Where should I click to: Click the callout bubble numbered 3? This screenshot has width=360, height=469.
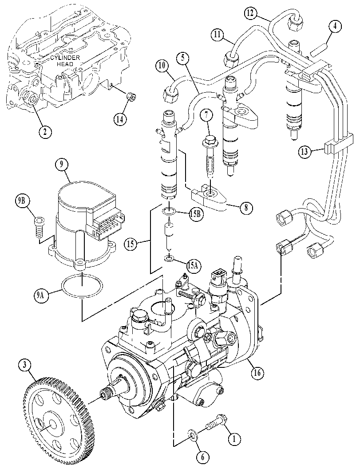coord(25,365)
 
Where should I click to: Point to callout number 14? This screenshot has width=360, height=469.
coord(120,119)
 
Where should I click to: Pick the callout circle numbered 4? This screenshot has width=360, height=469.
coord(335,26)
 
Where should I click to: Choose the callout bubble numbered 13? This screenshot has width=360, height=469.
coord(305,152)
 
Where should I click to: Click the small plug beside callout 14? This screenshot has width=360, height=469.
coord(131,97)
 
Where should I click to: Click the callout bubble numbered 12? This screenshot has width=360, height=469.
coord(250,13)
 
